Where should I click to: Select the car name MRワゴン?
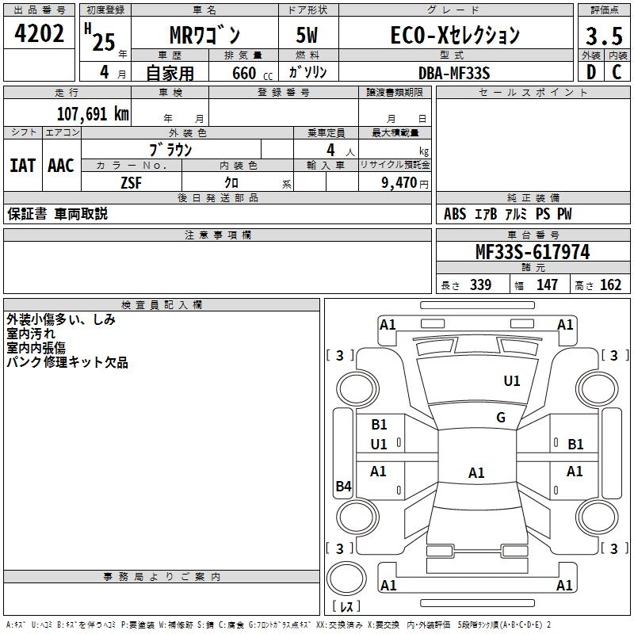(x=204, y=36)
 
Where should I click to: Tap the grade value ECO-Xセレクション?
(x=455, y=35)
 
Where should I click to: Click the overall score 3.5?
(x=602, y=36)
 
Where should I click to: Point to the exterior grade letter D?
(x=590, y=73)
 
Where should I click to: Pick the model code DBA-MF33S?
(x=454, y=73)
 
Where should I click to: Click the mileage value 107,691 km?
(x=93, y=114)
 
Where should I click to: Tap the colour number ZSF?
(x=132, y=182)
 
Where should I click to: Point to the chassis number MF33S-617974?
(x=532, y=252)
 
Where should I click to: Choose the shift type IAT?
(x=22, y=165)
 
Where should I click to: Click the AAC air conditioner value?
(x=60, y=165)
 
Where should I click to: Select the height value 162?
(x=610, y=285)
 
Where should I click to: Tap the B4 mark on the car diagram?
(x=343, y=487)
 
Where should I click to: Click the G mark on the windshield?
(x=500, y=418)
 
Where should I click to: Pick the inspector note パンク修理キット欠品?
(x=67, y=363)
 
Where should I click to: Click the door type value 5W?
(x=307, y=36)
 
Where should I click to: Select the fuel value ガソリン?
(x=307, y=73)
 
